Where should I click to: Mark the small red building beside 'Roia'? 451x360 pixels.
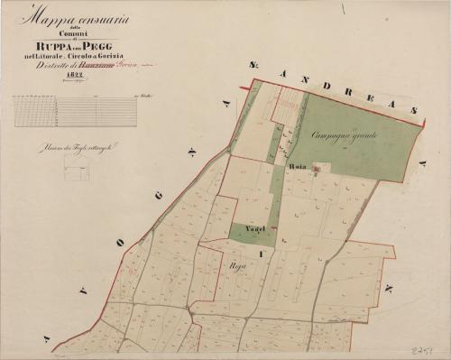pyautogui.click(x=313, y=171)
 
